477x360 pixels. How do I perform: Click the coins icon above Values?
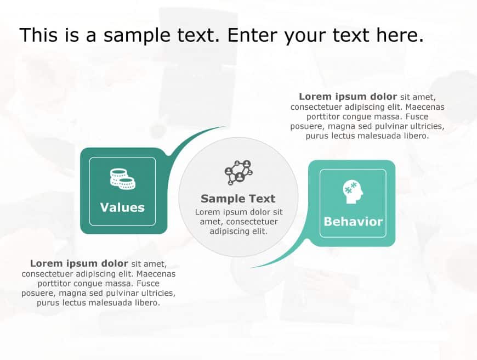(x=122, y=179)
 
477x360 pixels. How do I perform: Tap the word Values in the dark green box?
(x=122, y=207)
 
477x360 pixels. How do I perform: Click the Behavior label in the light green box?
(x=353, y=222)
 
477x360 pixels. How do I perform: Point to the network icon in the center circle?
(x=238, y=172)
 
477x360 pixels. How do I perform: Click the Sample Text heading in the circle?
(x=238, y=199)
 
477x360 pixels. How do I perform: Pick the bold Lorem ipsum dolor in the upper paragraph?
(x=348, y=97)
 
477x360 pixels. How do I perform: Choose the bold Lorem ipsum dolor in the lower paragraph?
(x=79, y=263)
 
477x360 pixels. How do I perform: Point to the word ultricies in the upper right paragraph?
(x=424, y=126)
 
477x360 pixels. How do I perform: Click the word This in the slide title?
(x=38, y=35)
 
